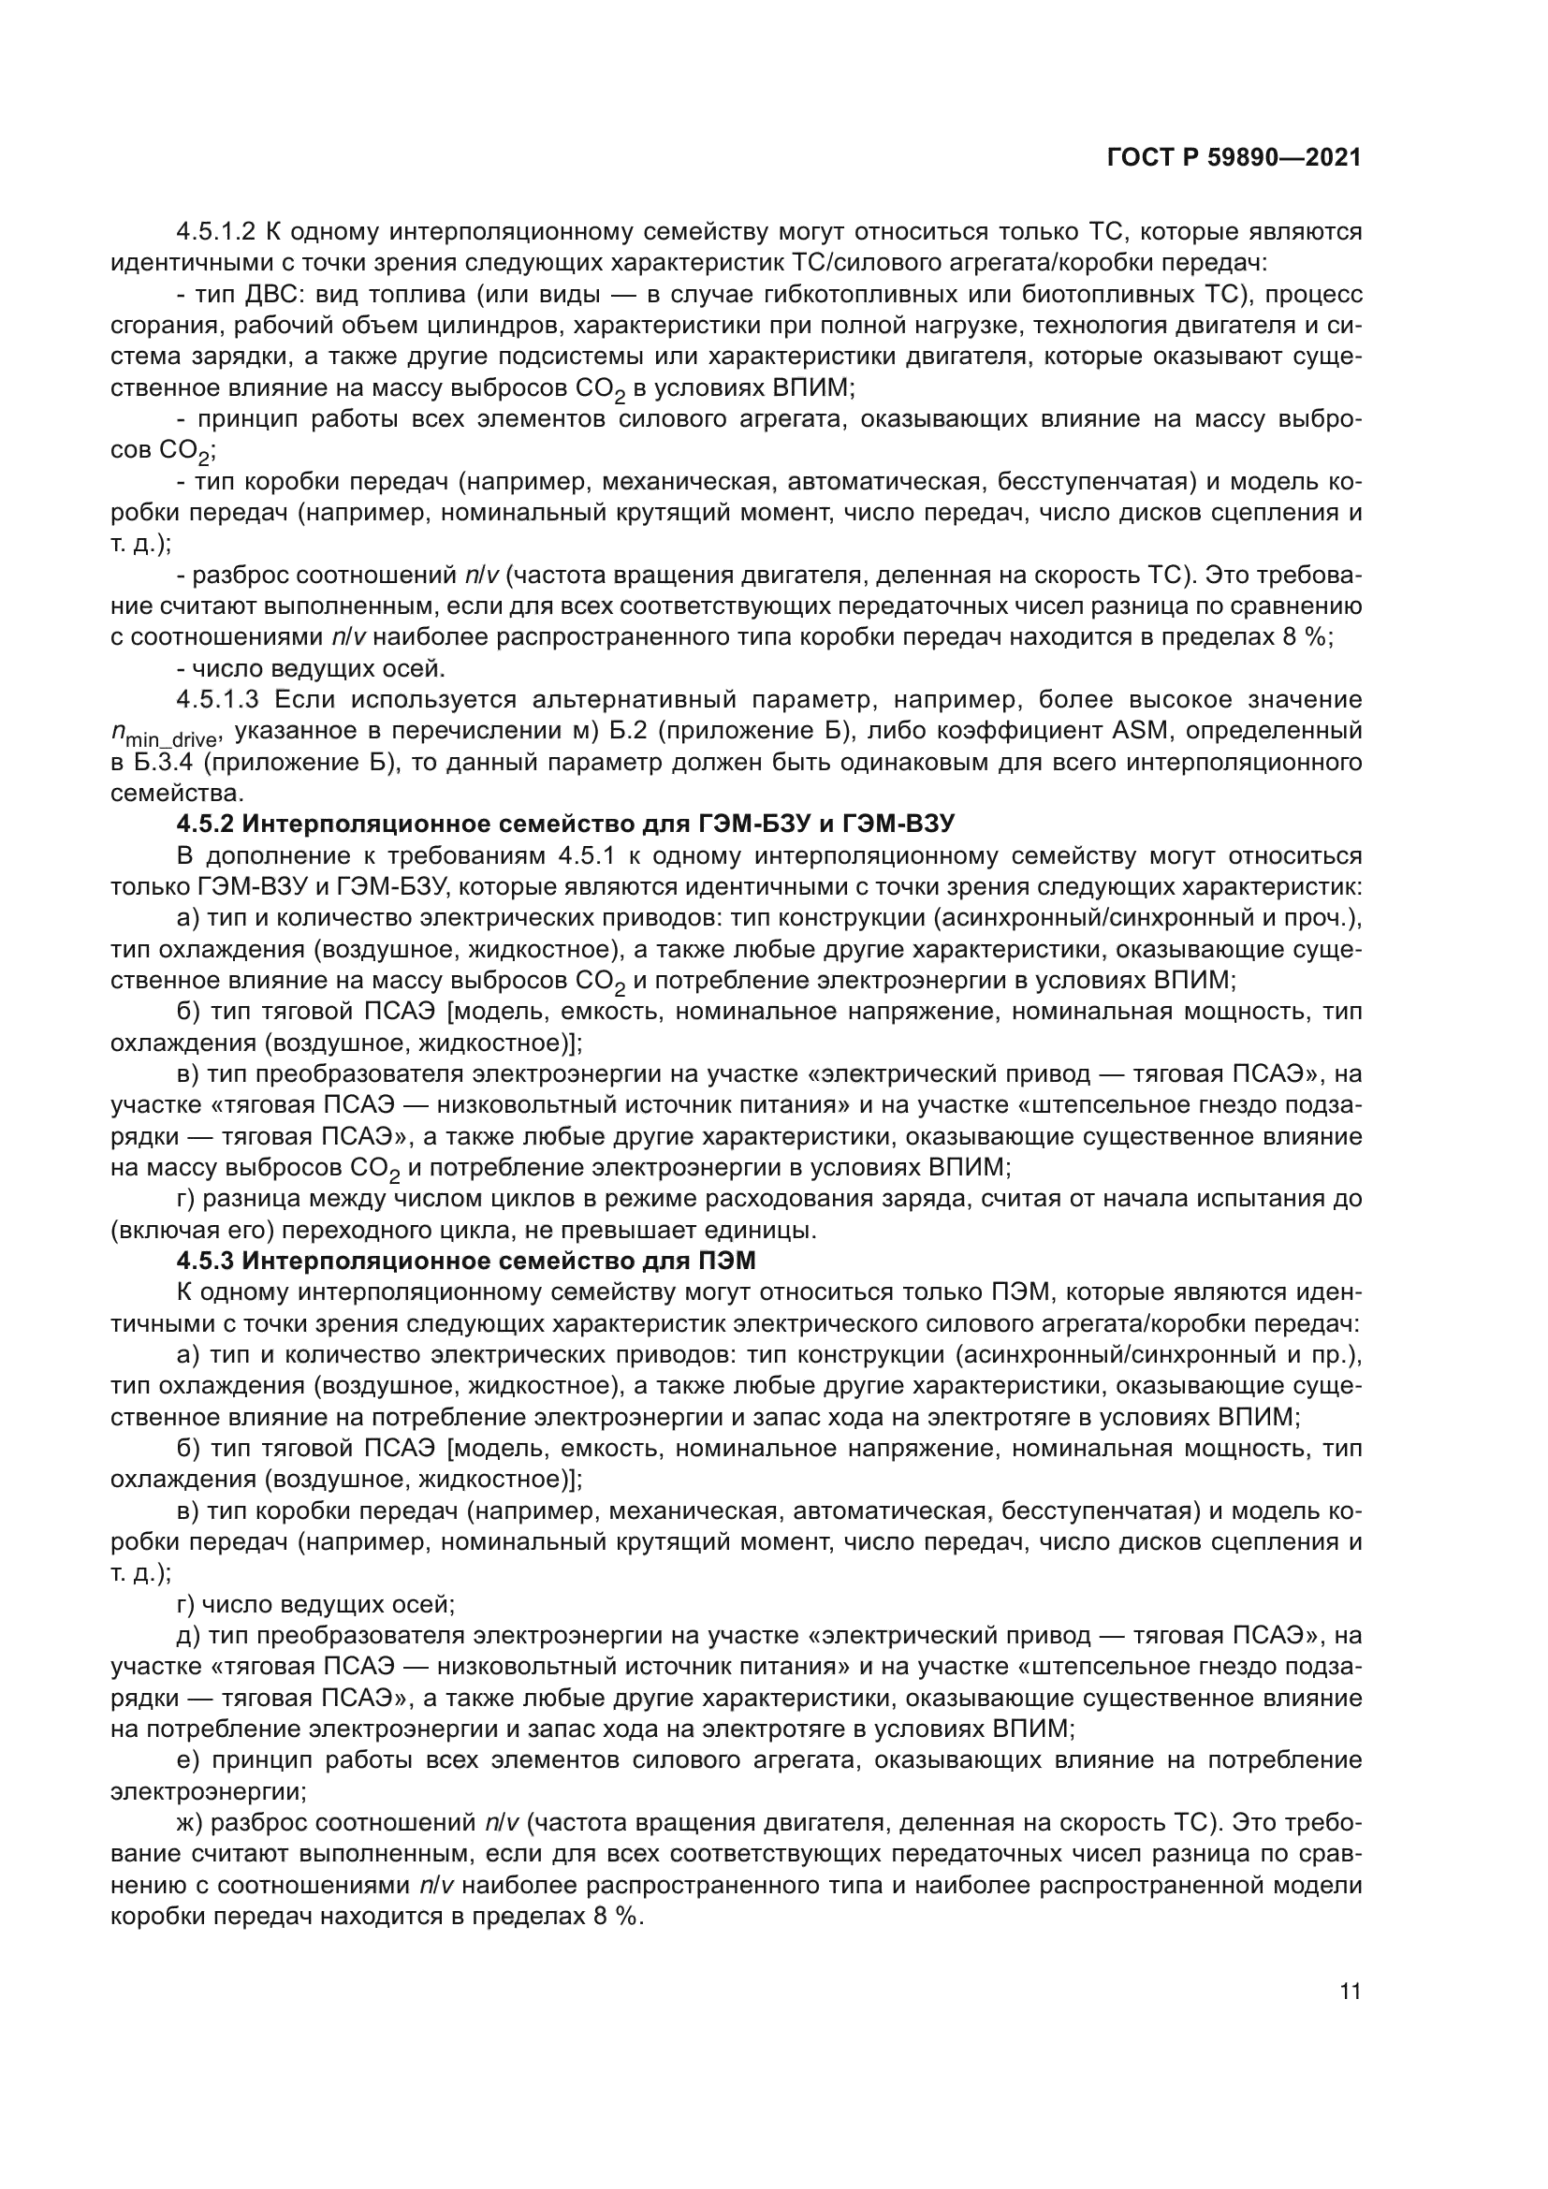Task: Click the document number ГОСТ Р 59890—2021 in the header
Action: click(x=1234, y=158)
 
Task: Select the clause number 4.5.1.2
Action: click(x=216, y=232)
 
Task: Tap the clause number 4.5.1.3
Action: click(x=216, y=700)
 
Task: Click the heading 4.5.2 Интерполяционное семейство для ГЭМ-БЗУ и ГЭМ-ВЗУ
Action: click(x=566, y=825)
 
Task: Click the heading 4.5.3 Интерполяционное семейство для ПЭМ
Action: click(x=466, y=1262)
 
